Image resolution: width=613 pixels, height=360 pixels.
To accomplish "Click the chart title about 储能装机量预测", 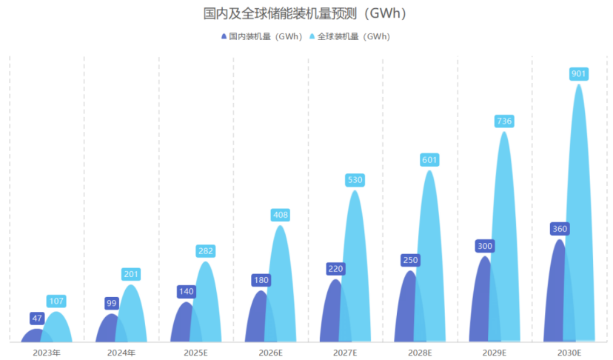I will tap(306, 13).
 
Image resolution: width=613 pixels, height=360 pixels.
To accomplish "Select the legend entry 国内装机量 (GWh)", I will tap(261, 36).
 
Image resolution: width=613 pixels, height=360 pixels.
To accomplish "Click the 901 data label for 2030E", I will tap(579, 73).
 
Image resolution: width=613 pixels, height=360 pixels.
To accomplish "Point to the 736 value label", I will tap(504, 121).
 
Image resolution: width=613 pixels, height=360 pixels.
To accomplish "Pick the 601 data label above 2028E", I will tap(429, 159).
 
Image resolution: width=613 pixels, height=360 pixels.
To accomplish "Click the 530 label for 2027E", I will tap(355, 180).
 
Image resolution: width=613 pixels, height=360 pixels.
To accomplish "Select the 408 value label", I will tap(280, 215).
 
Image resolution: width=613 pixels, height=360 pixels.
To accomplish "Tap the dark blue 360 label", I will tap(560, 229).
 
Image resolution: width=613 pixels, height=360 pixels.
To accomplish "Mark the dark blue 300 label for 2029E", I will tap(485, 246).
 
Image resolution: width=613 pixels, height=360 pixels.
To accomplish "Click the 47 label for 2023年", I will tap(37, 319).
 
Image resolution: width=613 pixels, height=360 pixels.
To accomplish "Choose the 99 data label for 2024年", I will tap(112, 303).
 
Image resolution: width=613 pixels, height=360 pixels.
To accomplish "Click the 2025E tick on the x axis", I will tap(196, 353).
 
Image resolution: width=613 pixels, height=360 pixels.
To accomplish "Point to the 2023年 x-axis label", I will tap(47, 353).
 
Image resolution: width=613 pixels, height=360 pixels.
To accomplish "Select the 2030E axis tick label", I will tap(569, 353).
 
